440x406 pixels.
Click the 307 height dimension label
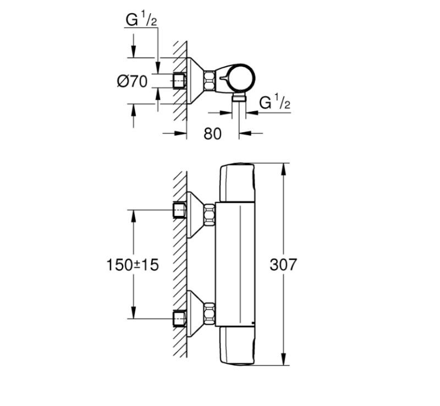point(283,264)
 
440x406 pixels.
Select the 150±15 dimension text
point(133,264)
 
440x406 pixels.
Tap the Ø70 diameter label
point(133,82)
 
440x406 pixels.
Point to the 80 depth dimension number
point(212,133)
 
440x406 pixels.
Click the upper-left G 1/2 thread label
point(141,20)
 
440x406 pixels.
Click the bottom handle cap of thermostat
point(238,345)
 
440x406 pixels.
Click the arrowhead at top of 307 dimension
point(283,167)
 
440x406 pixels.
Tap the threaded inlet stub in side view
point(179,81)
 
